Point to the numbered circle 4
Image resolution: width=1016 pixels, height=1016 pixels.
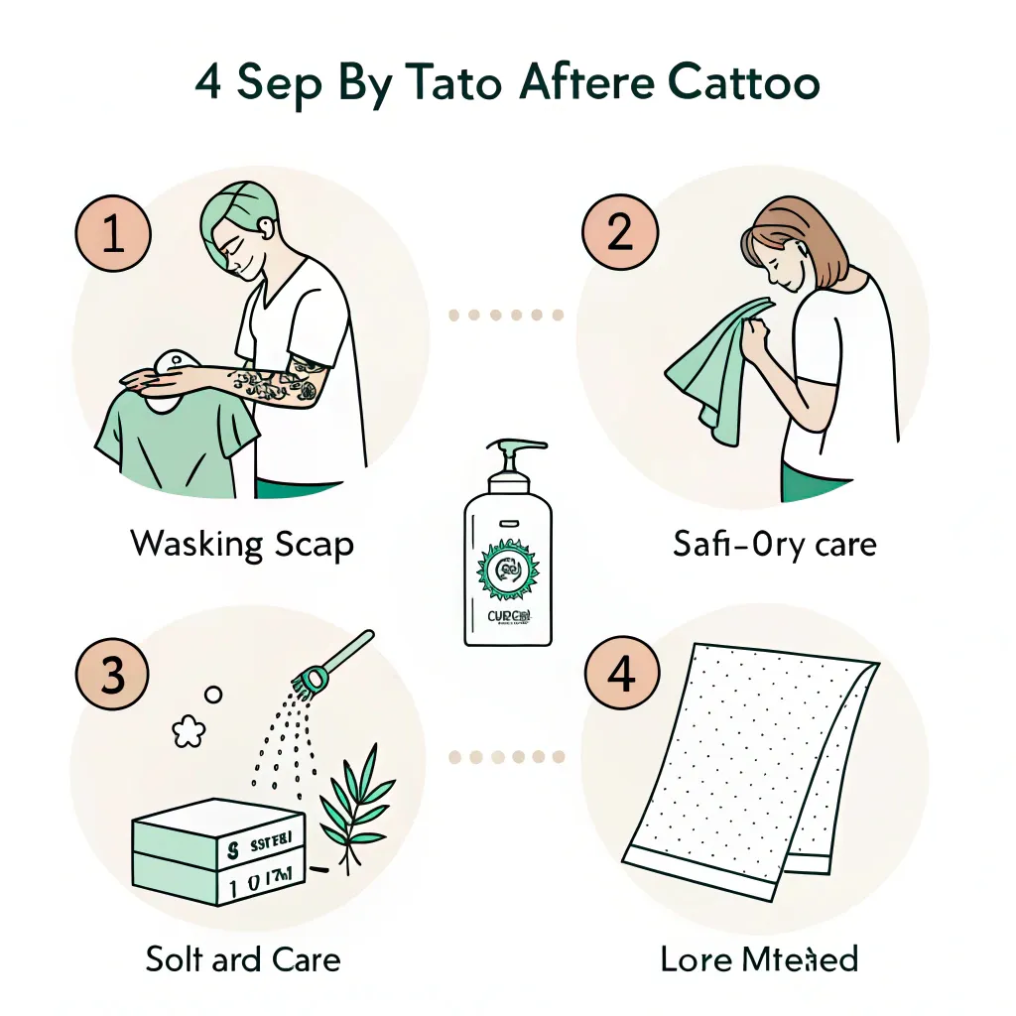pyautogui.click(x=620, y=677)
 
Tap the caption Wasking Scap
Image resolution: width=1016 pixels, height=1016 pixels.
pyautogui.click(x=242, y=544)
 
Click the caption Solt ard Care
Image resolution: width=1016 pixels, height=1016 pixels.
pyautogui.click(x=243, y=959)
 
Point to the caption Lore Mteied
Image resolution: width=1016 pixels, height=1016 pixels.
pyautogui.click(x=759, y=959)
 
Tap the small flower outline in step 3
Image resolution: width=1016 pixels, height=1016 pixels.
pyautogui.click(x=188, y=732)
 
